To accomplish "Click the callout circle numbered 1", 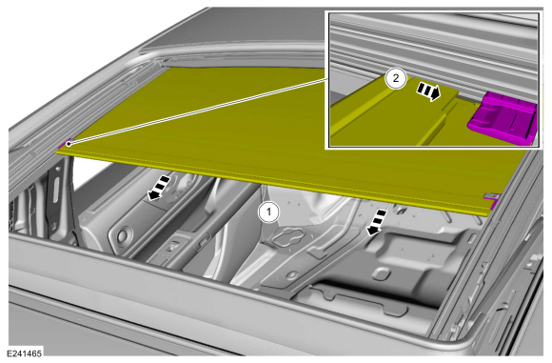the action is [x=269, y=212].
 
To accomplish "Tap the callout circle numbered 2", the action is [x=396, y=78].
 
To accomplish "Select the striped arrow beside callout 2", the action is [x=428, y=91].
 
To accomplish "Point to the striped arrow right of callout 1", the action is [x=376, y=222].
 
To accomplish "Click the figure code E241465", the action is [x=25, y=353].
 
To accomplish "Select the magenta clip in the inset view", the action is [x=503, y=118].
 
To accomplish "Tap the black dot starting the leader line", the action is [x=69, y=144].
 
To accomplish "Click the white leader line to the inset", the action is [x=197, y=111].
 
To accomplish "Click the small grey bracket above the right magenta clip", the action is [x=490, y=195].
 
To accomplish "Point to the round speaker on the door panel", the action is [x=123, y=234].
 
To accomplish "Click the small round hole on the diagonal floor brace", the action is [x=291, y=275].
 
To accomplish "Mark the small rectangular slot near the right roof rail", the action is [x=471, y=238].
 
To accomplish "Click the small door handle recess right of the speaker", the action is [x=171, y=247].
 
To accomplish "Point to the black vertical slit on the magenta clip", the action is [x=515, y=121].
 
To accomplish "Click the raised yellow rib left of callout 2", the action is [x=358, y=106].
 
